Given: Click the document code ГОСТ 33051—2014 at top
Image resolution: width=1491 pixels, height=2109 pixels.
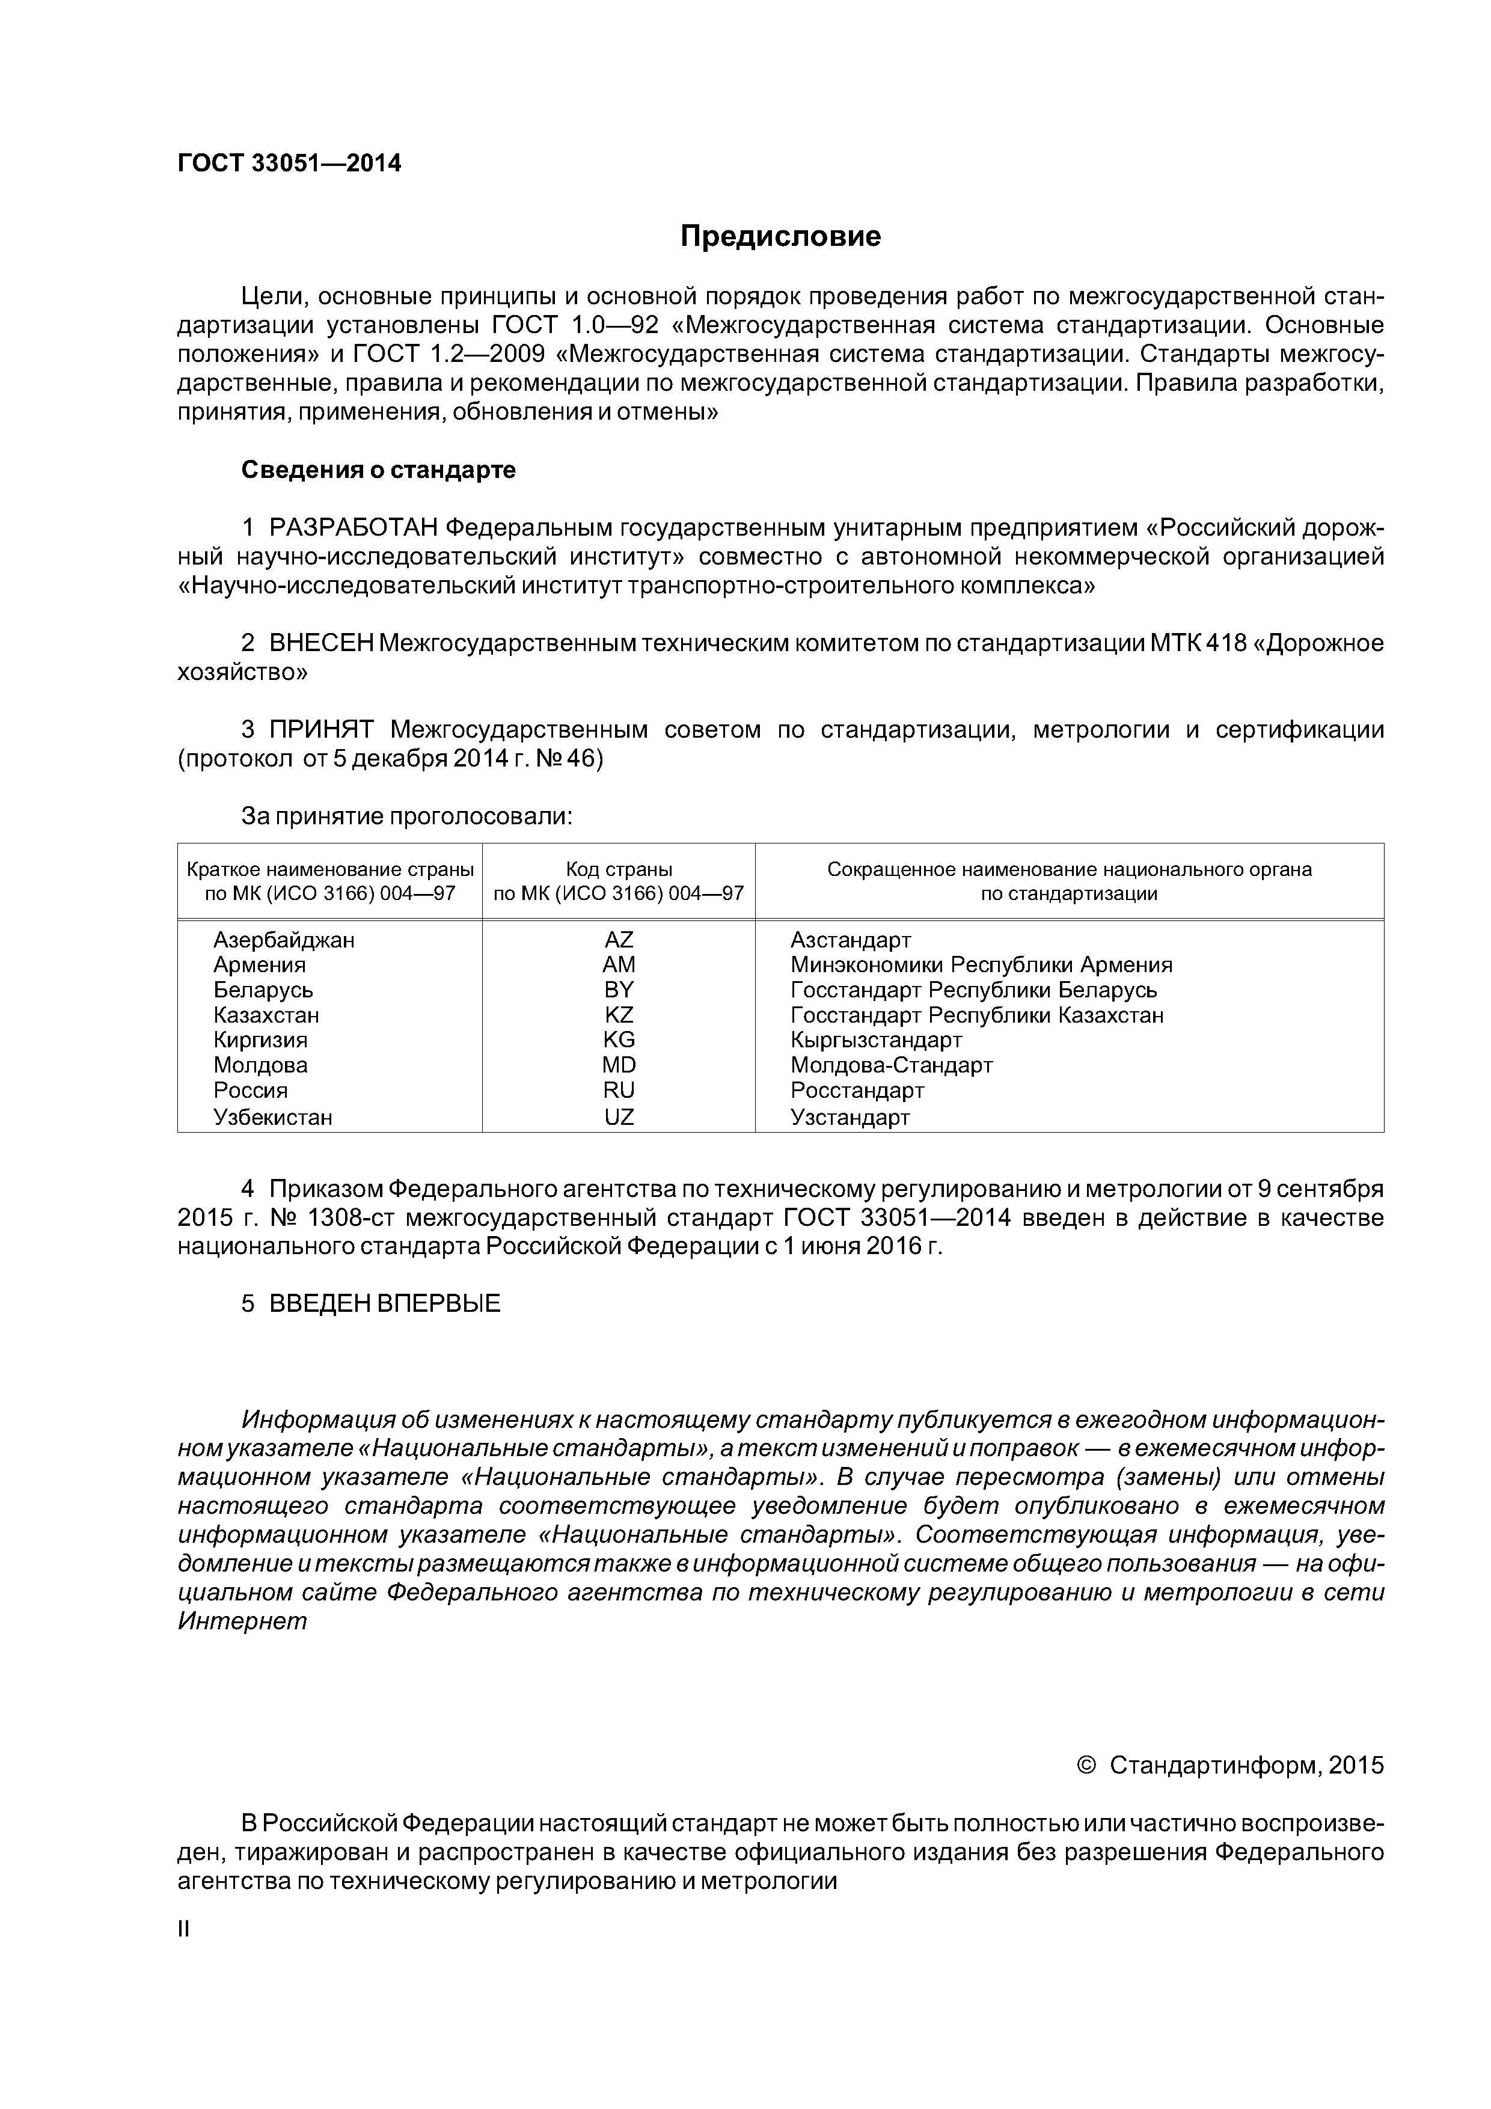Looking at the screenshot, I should [x=289, y=164].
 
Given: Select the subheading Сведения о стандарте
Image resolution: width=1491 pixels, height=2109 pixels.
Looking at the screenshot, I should [x=379, y=470].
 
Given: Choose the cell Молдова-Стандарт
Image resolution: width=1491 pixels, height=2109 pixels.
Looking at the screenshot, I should [x=891, y=1065].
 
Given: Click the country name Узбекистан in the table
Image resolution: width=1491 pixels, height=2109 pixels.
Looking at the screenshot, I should [x=273, y=1118].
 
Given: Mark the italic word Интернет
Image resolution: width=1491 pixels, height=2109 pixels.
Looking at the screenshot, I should [x=242, y=1621].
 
